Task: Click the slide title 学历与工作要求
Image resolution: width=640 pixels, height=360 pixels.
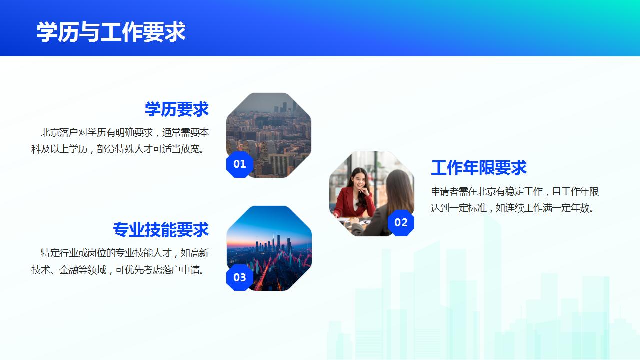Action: coord(111,32)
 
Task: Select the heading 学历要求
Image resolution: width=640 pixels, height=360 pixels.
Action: coord(177,109)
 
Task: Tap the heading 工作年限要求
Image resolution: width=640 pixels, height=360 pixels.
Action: coord(479,168)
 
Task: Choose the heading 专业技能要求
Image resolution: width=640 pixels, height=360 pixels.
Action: coord(161,230)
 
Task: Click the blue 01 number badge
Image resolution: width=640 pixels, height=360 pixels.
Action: coord(240,164)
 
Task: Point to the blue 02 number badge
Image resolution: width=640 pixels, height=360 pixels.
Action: coord(401,222)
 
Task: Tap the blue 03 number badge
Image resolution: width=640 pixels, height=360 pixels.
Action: coord(240,277)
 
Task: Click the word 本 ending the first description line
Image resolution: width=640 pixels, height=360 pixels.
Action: coord(204,133)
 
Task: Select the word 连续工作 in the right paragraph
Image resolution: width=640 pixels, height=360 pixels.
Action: coord(523,208)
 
